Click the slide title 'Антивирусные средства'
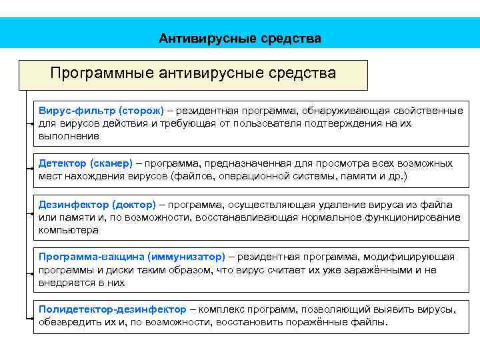pos(239,39)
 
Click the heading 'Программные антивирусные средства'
pos(193,72)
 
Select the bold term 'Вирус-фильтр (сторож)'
pos(101,109)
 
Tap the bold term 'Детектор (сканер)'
pos(85,163)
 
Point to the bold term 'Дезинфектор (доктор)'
pos(97,205)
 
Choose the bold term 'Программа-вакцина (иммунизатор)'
pos(132,257)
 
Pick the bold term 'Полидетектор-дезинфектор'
pos(112,310)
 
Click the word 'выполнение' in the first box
pos(68,135)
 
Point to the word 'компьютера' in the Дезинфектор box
pos(68,230)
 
